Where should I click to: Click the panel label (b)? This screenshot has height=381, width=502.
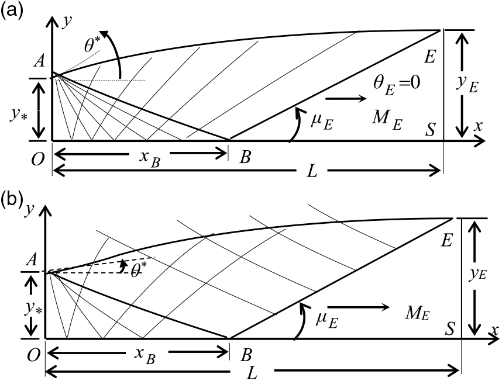(12, 199)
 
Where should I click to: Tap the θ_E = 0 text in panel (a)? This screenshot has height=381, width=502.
(396, 84)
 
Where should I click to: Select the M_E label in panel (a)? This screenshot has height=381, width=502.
(387, 120)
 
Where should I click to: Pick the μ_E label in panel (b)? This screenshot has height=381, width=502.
(327, 320)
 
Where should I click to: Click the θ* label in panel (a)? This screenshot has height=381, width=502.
(93, 46)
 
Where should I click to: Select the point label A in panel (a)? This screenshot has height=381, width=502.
(39, 61)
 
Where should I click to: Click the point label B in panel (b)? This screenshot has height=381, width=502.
(246, 355)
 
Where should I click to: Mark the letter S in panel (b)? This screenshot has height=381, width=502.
(449, 328)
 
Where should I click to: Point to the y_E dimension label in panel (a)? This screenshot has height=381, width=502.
(468, 84)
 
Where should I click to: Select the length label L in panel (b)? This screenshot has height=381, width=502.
(252, 373)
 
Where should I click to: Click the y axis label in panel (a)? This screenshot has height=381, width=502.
(67, 22)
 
